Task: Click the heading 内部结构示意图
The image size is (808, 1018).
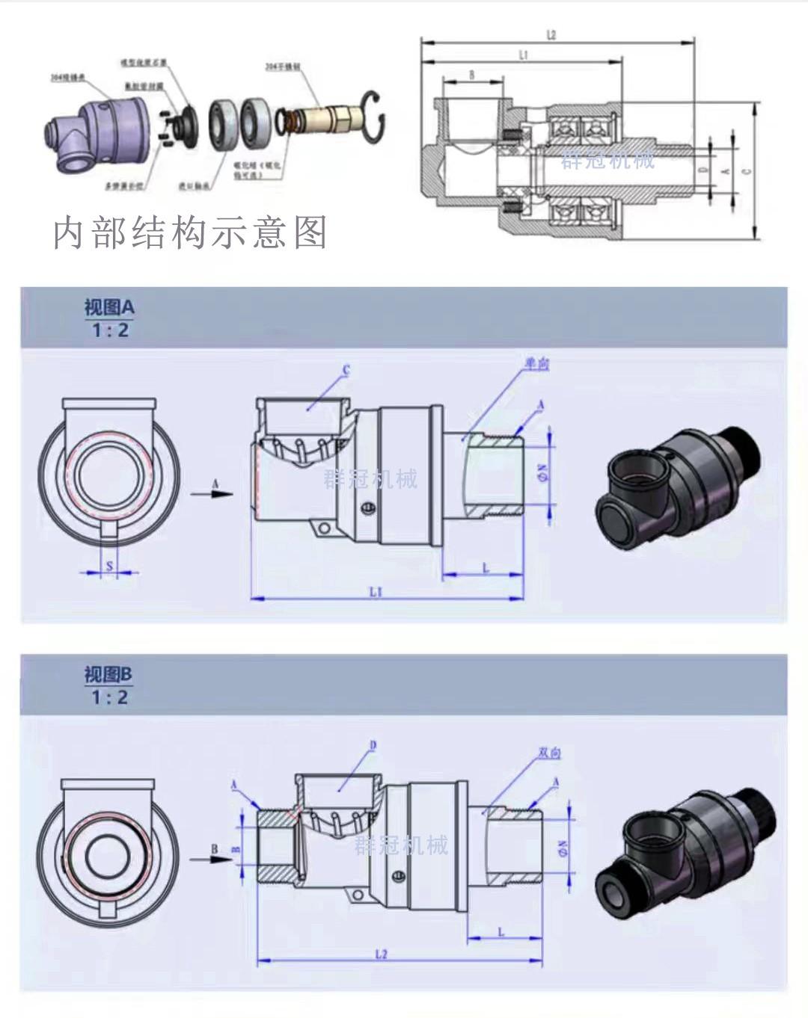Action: [190, 232]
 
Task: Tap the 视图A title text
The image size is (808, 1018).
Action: [109, 306]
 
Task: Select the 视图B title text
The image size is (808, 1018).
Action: [108, 674]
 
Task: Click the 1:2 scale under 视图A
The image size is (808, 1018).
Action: [110, 330]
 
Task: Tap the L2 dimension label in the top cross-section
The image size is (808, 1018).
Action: [551, 34]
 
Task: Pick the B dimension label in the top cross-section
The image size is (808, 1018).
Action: [472, 75]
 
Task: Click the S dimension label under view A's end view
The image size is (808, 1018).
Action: [109, 566]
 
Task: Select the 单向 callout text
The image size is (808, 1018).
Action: [536, 364]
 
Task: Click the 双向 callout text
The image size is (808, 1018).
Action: [550, 752]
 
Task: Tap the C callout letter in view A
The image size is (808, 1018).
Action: [346, 370]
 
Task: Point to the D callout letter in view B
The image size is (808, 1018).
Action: [373, 745]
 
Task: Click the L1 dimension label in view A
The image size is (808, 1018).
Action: [376, 591]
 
